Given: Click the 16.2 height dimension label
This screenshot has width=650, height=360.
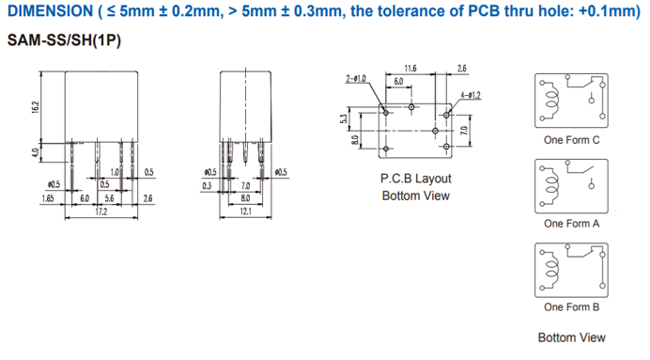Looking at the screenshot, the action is tap(36, 107).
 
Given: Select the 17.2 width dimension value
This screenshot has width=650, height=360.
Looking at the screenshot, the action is tap(101, 211).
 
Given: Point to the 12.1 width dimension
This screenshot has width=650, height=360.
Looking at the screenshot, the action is tap(245, 211).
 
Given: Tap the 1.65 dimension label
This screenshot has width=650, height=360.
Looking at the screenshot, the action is tap(48, 198).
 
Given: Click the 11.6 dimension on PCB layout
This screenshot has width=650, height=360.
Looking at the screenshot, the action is tap(410, 69).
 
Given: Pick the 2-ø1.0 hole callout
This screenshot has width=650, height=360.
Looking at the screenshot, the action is tap(356, 78).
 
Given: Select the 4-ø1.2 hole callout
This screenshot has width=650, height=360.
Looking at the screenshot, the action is tap(471, 95).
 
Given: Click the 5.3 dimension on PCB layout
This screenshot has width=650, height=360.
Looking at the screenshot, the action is tap(343, 119).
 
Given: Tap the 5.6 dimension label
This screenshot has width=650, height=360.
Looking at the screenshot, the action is tap(110, 198).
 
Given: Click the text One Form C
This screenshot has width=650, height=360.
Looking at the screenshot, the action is tap(572, 140).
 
